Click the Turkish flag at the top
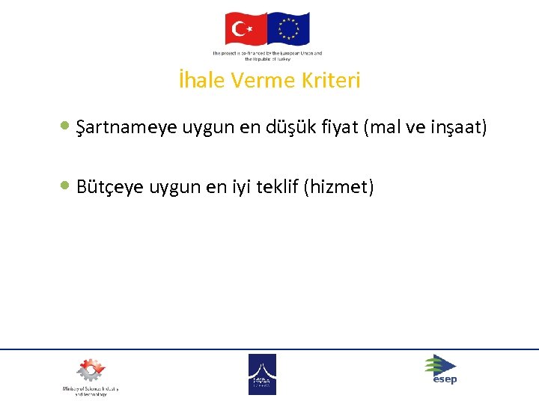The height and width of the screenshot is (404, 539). click(246, 30)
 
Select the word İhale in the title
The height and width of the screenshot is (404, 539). click(201, 81)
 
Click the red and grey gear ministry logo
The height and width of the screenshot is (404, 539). click(91, 371)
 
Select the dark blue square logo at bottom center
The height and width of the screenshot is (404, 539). click(262, 374)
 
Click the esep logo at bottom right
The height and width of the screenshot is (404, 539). click(440, 369)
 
